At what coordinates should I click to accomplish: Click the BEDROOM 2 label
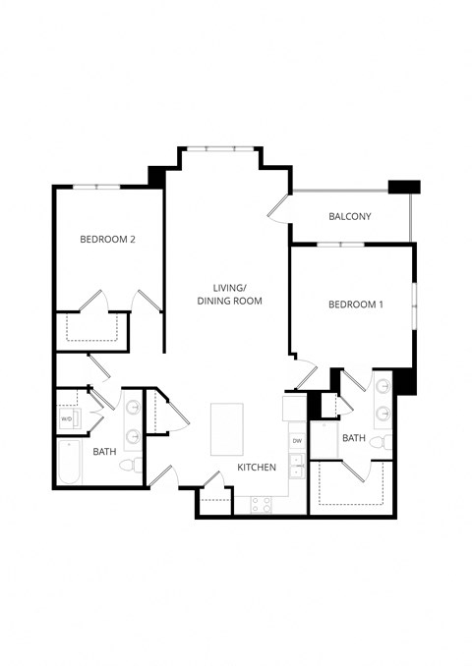point(108,239)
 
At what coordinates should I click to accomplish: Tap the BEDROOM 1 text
point(355,305)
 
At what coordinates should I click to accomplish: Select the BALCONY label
point(350,216)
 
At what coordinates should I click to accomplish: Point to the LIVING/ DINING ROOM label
point(229,292)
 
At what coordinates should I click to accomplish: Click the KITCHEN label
point(257,468)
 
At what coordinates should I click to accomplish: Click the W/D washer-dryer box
point(67,418)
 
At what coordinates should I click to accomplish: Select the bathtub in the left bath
point(69,463)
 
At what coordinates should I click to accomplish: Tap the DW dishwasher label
point(296,441)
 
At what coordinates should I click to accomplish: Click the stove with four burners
point(262,503)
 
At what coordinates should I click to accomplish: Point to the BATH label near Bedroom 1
point(354,438)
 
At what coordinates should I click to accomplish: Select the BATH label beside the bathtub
point(105,452)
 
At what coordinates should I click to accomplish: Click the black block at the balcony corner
point(404,187)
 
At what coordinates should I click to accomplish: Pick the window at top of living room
point(219,148)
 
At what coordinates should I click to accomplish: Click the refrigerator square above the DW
point(296,407)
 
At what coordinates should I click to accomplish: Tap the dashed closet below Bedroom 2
point(95,331)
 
